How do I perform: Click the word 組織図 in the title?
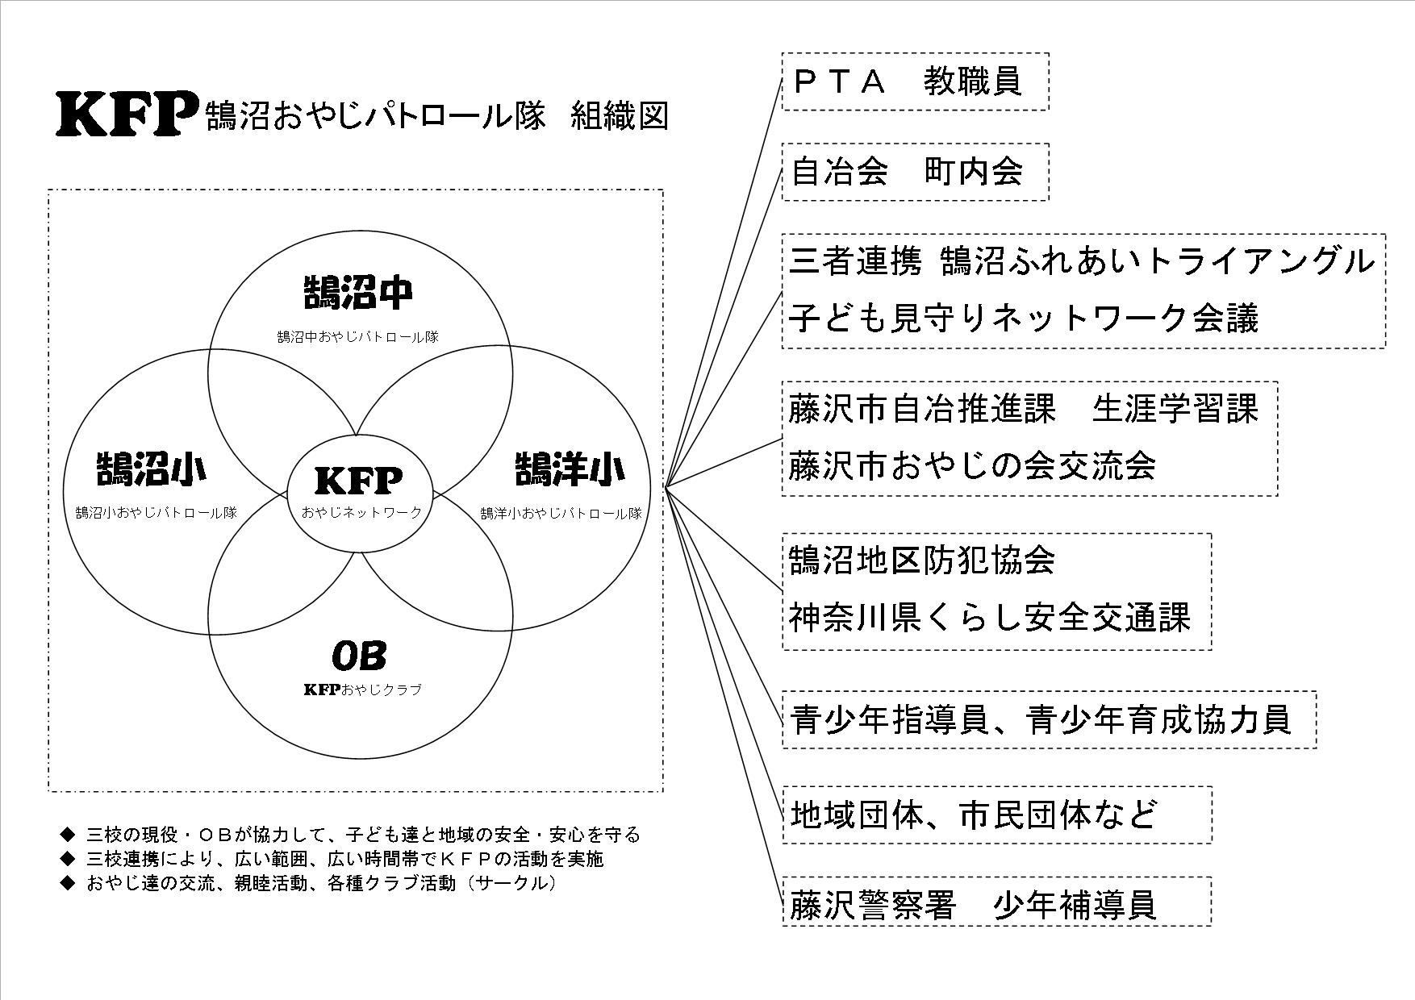[x=619, y=116]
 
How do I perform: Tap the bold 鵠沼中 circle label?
[x=359, y=293]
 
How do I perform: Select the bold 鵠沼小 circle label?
[x=150, y=469]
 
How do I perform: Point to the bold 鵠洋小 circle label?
[x=570, y=469]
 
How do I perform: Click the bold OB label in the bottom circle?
[x=360, y=655]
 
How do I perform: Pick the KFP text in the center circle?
[x=358, y=481]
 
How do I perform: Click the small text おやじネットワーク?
[x=361, y=512]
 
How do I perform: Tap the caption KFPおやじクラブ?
[x=362, y=690]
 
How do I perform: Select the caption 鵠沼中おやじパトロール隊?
[x=358, y=337]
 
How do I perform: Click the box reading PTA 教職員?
[x=915, y=81]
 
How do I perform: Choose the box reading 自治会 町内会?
[x=915, y=172]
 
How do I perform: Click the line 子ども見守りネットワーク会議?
[x=1023, y=319]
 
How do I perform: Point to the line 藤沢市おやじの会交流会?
[x=972, y=466]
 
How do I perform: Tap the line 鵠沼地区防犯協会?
[x=922, y=560]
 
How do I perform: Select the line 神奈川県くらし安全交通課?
[x=989, y=619]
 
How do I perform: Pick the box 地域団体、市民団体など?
[x=974, y=815]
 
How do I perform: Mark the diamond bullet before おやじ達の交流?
[x=67, y=883]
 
